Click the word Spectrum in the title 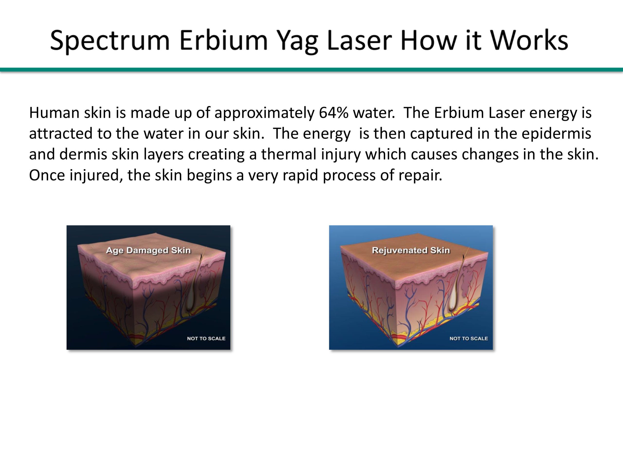point(110,41)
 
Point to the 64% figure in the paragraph point(334,113)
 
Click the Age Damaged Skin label point(148,250)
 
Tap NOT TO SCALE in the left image point(206,338)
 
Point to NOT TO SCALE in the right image point(469,338)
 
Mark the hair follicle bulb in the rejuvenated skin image point(454,304)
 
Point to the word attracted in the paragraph point(61,134)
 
